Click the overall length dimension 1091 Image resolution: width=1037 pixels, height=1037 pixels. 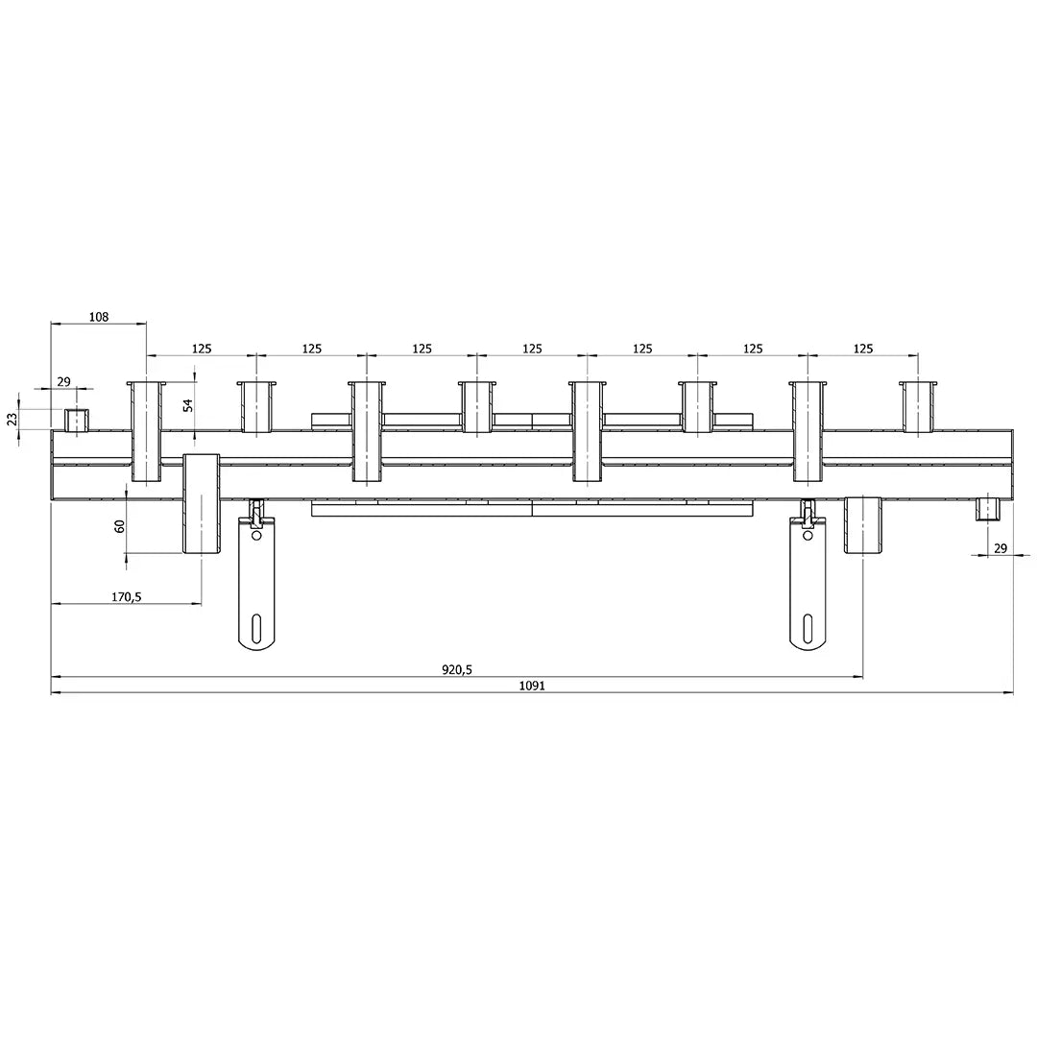pyautogui.click(x=532, y=686)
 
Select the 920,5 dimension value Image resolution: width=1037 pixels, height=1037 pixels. pyautogui.click(x=457, y=669)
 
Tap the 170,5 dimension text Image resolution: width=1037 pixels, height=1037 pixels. pyautogui.click(x=127, y=596)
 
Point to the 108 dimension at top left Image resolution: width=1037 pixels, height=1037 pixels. pyautogui.click(x=99, y=317)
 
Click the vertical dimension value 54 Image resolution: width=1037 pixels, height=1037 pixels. pyautogui.click(x=188, y=405)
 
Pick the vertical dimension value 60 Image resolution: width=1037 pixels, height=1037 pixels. pyautogui.click(x=120, y=526)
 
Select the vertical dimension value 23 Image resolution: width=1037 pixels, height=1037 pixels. pyautogui.click(x=12, y=419)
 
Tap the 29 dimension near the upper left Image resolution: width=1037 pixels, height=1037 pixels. pyautogui.click(x=63, y=381)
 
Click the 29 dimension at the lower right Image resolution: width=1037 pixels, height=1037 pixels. pyautogui.click(x=1001, y=547)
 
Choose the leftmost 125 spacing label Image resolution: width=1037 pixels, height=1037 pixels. pyautogui.click(x=202, y=349)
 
